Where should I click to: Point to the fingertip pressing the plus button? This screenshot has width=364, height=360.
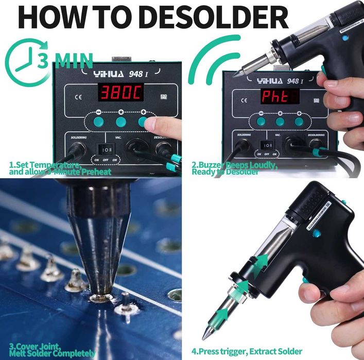(x=154, y=124)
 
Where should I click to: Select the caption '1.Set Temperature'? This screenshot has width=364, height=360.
(x=45, y=164)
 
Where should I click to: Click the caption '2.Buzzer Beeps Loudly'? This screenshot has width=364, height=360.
(x=234, y=165)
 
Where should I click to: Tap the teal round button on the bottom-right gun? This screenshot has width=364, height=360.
(x=317, y=233)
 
